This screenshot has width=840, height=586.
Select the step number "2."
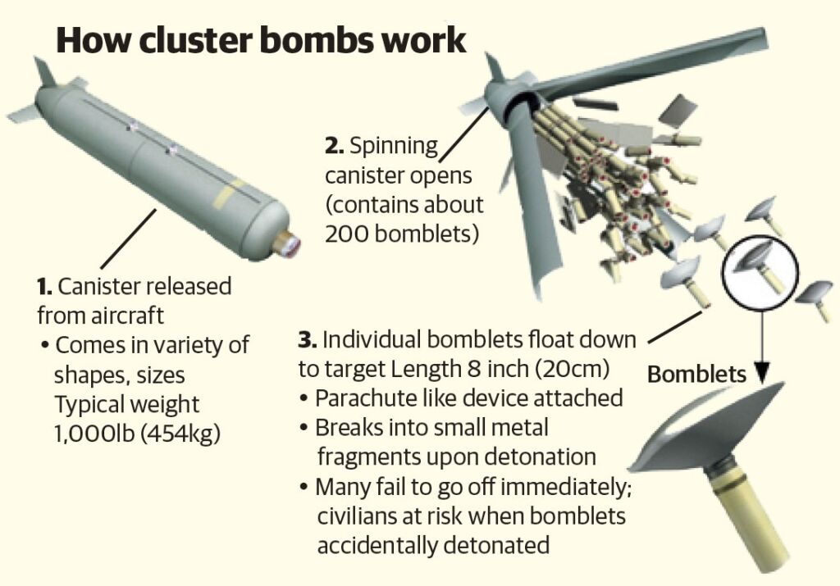click(x=333, y=148)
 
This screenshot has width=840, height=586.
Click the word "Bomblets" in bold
click(x=696, y=375)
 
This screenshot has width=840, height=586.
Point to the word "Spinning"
click(x=394, y=148)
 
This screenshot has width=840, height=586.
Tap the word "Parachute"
click(x=363, y=398)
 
